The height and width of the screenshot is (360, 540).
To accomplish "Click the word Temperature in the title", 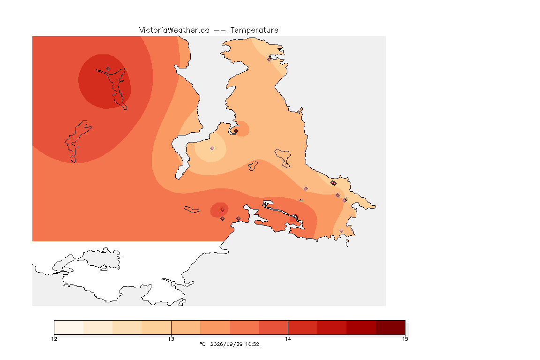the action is coord(254,30).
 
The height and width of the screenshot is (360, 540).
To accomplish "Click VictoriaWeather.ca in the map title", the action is coord(174,30).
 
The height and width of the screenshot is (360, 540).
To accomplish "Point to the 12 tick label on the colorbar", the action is coord(54,339).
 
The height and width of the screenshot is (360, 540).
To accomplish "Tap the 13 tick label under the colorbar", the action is coord(171,339).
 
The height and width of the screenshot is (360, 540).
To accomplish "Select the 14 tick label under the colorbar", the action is coord(288,339).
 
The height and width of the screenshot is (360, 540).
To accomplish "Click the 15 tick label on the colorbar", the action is coord(405,339).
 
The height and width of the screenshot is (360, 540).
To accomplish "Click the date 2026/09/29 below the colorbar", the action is coord(226,344).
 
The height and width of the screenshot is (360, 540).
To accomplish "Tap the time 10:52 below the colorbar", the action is coord(252,344).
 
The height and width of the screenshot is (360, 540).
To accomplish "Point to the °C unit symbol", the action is coord(202,344).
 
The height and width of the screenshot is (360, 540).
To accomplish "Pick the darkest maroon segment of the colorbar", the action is coord(390,327).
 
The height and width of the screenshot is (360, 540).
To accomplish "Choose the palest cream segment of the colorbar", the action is coord(69,327).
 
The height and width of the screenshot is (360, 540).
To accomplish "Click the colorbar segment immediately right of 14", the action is coord(303,327).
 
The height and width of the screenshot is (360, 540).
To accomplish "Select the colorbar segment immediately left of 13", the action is coord(157,327).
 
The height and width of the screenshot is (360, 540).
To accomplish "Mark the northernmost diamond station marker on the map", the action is coord(270,59).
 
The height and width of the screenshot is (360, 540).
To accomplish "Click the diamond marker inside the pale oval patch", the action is coord(212,149).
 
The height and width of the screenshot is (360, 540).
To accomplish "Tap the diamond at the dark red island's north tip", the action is coord(108,69).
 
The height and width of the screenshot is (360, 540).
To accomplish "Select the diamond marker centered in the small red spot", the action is coord(223,210).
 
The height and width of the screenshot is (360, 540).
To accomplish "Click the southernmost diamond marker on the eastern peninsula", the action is coord(341,231).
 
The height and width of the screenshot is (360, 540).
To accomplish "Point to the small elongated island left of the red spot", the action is coord(192,210).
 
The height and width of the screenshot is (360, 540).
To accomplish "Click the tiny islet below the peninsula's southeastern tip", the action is coord(347,243).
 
